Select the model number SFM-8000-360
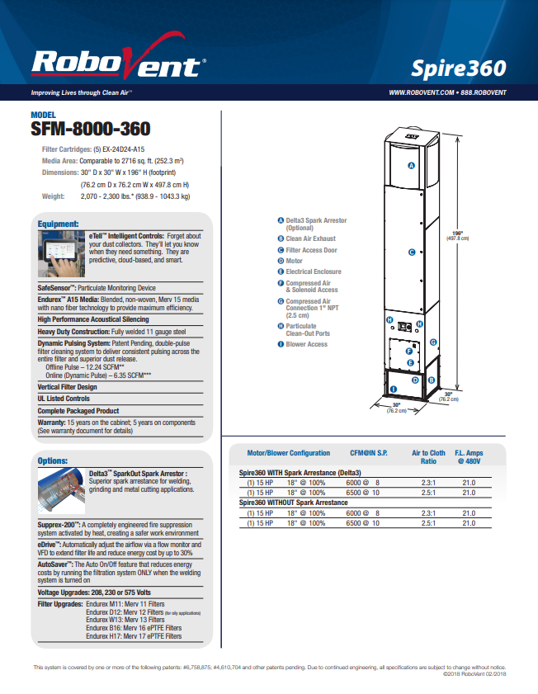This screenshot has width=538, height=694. [x=90, y=130]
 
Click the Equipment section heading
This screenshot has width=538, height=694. [x=59, y=224]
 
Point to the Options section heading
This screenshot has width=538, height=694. [x=54, y=460]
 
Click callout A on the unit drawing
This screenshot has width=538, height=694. [x=411, y=166]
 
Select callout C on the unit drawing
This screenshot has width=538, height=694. [x=412, y=253]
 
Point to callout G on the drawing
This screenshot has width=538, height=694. [x=434, y=341]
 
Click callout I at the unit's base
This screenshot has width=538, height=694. [x=393, y=388]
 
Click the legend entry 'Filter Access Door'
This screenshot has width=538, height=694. [x=311, y=250]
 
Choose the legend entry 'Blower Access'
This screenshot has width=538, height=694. [x=306, y=344]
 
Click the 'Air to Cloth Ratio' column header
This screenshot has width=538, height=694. [x=428, y=457]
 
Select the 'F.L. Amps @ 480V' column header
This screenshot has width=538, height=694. [x=469, y=457]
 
